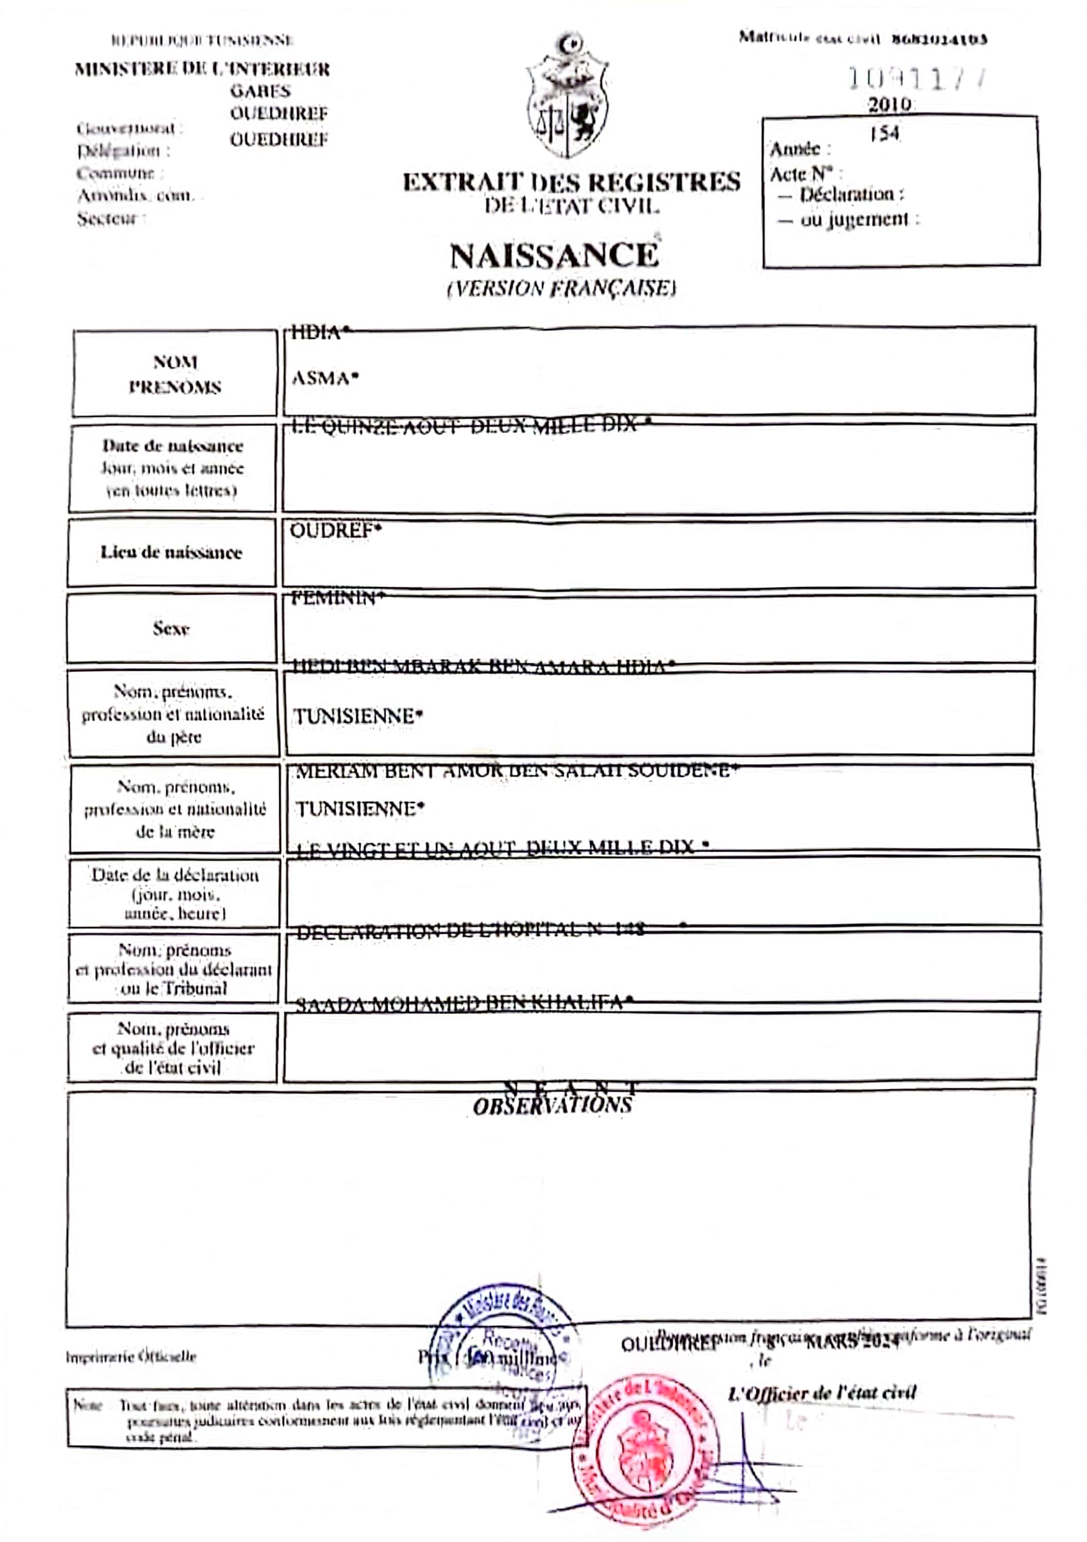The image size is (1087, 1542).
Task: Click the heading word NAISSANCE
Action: coord(554,256)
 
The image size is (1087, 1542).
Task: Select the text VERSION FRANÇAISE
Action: coord(561,289)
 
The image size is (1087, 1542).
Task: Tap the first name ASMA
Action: coord(325,379)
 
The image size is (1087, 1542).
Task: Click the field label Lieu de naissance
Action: coord(171,553)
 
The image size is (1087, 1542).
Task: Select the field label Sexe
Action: coord(171,629)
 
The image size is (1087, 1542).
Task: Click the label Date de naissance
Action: coord(173,446)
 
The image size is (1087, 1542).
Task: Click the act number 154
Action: coord(884,134)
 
